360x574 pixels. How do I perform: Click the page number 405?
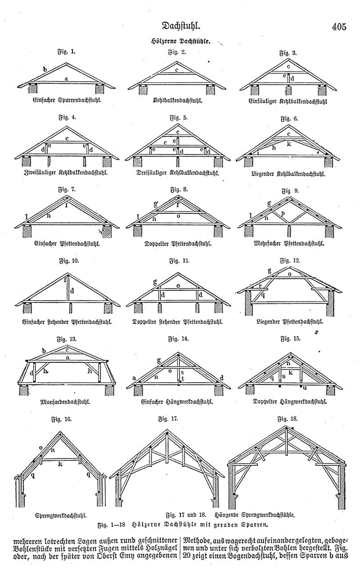click(x=339, y=27)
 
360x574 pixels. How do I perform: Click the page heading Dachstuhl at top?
click(x=181, y=26)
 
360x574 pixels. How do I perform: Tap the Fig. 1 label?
click(x=66, y=52)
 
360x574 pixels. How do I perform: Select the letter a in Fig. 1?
click(x=66, y=79)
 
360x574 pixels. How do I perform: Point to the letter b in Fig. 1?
click(x=45, y=69)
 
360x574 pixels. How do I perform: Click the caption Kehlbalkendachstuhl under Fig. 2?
click(x=178, y=100)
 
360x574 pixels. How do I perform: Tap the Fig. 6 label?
click(x=289, y=119)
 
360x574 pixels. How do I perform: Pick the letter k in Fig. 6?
click(x=289, y=144)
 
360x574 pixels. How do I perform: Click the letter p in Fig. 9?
click(x=283, y=214)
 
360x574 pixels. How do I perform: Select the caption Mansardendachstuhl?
click(x=65, y=402)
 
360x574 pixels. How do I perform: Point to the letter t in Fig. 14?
click(x=183, y=379)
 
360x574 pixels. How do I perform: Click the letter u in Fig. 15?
click(x=305, y=388)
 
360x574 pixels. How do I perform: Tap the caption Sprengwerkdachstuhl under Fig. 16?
click(x=61, y=515)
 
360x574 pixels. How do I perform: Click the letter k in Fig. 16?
click(x=60, y=464)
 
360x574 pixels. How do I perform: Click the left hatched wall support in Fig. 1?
click(x=33, y=89)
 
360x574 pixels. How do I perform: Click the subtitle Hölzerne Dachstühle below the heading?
click(x=180, y=41)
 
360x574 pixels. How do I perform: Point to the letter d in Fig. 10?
click(x=72, y=291)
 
